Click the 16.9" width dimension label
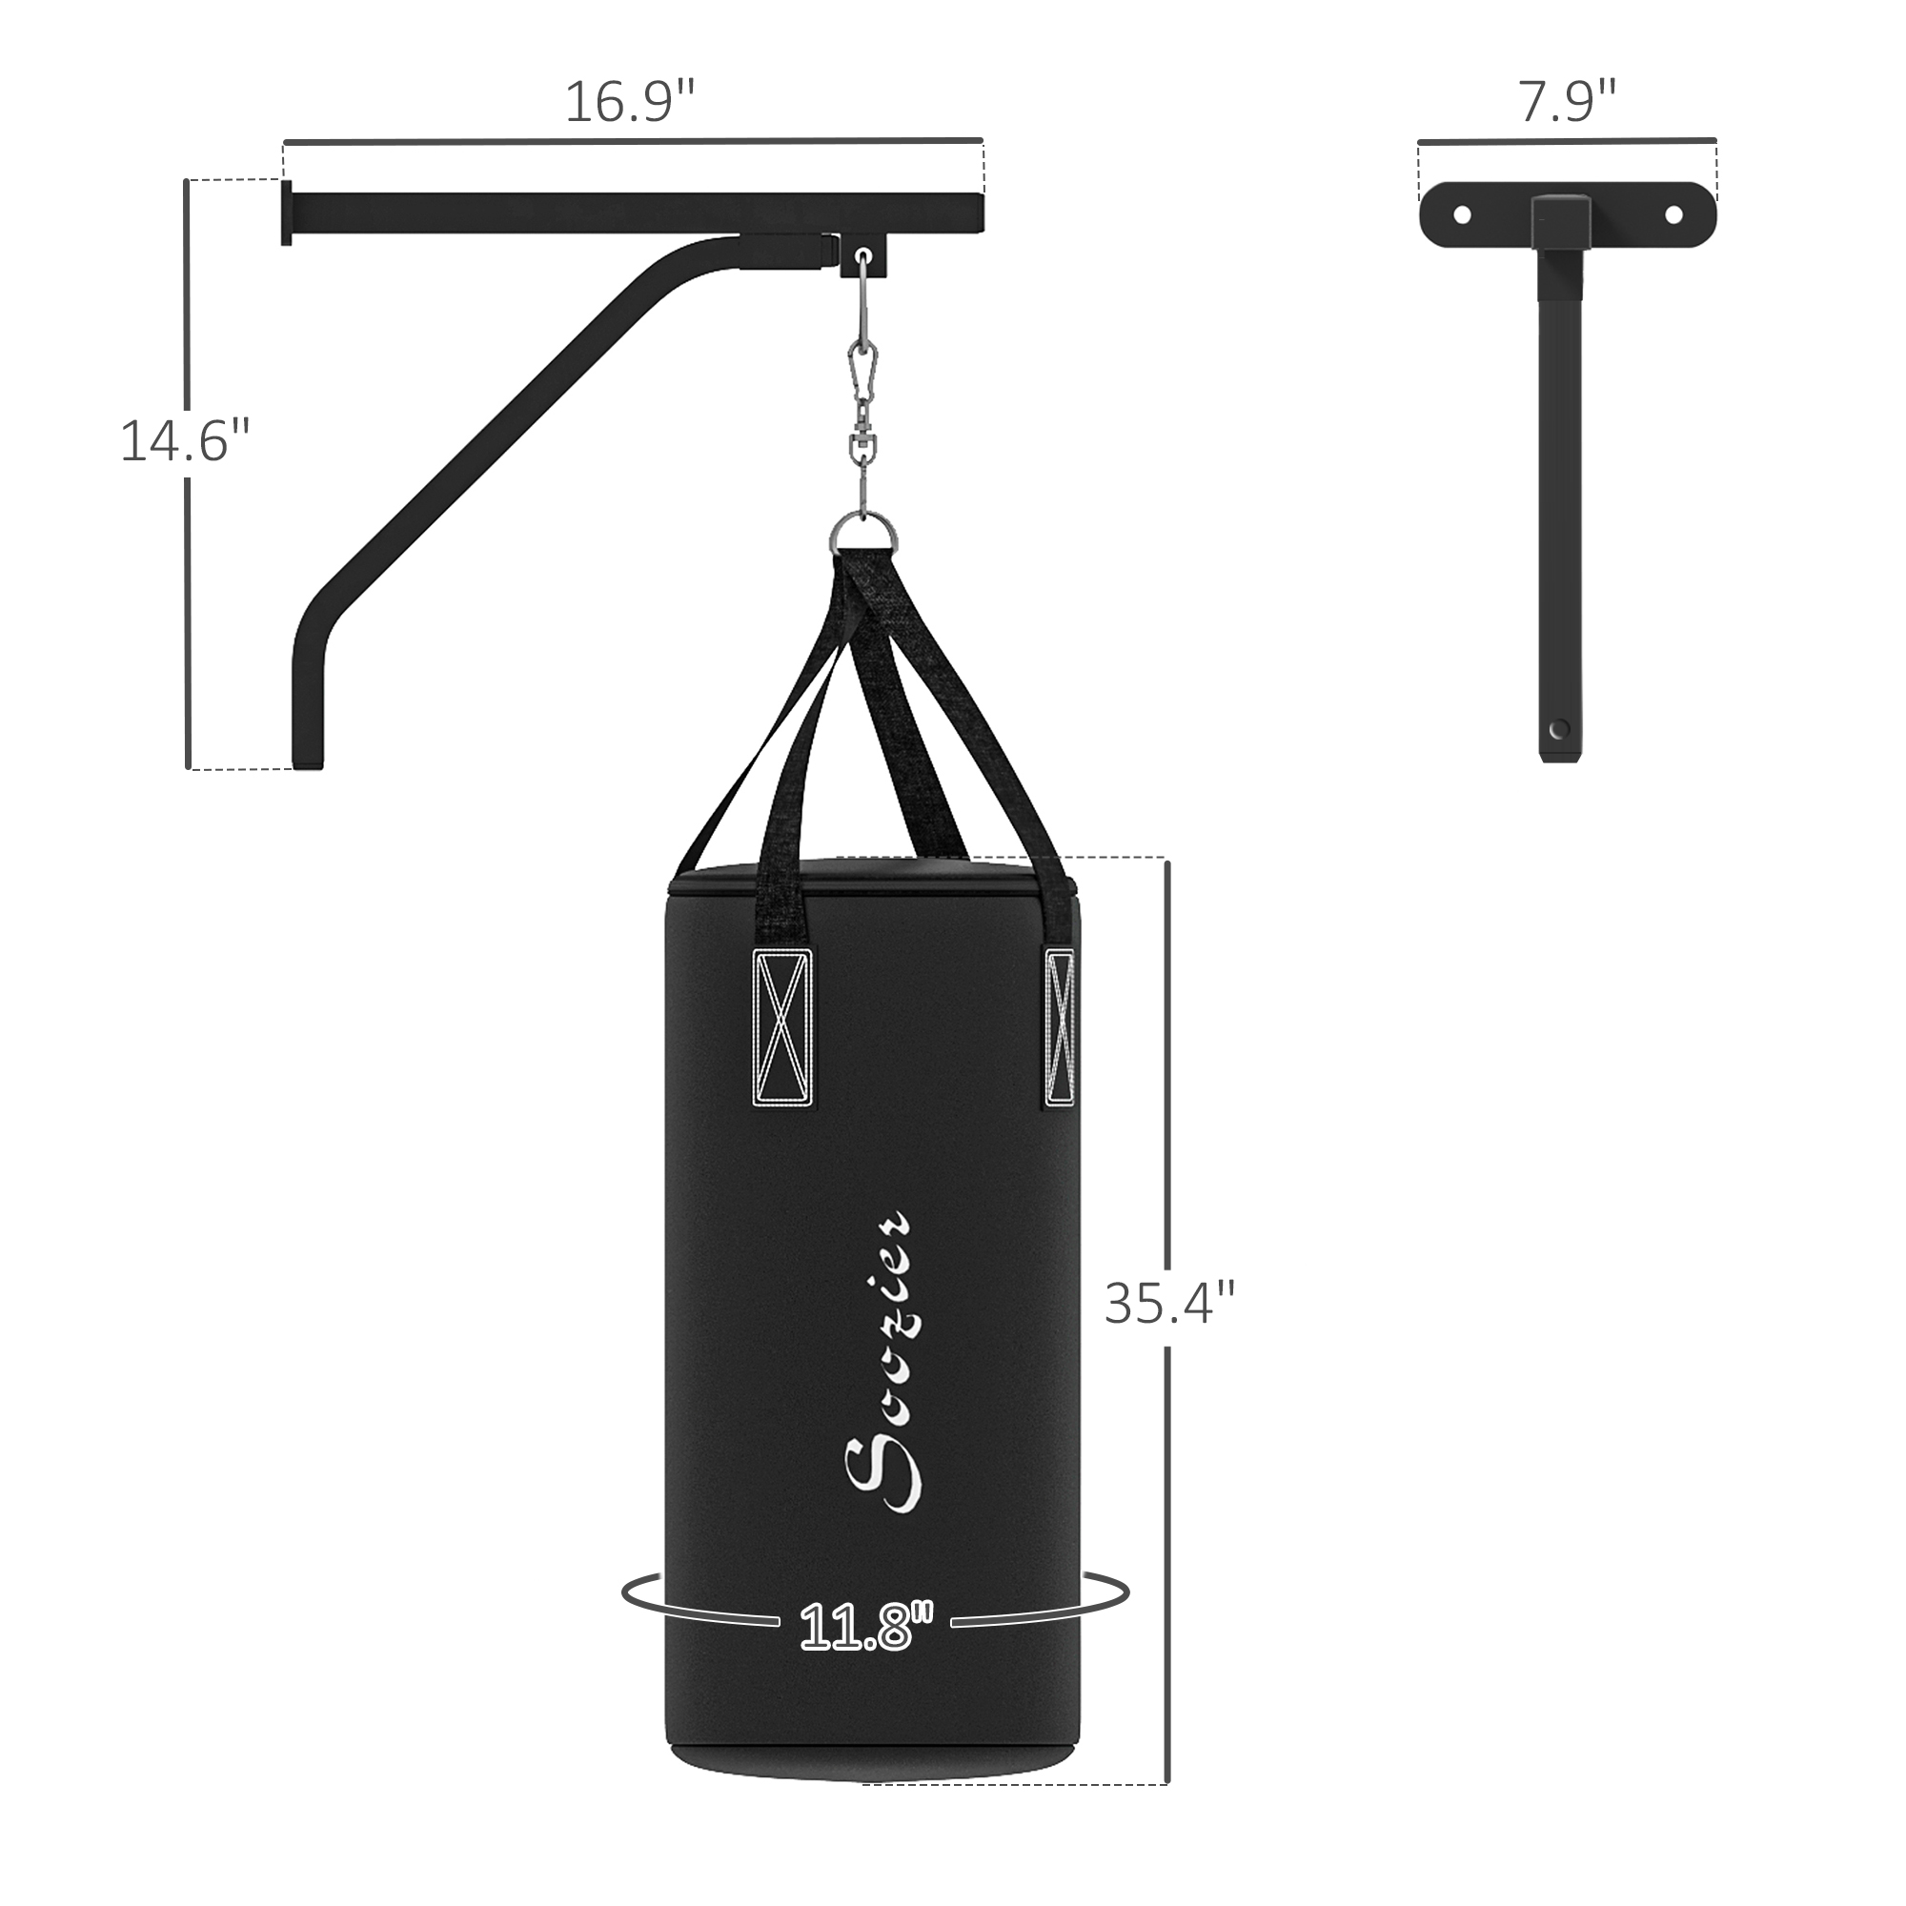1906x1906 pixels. coord(629,103)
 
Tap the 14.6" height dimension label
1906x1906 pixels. coord(185,441)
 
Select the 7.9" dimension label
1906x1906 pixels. coord(1567,103)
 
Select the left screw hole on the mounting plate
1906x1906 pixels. coord(1462,215)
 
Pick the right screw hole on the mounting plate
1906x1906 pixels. coord(1673,215)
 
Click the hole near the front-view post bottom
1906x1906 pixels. coord(1559,729)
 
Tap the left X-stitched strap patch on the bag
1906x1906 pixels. coord(783,1026)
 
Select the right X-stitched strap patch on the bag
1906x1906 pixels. coord(1060,1026)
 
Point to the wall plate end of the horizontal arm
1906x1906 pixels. coord(286,213)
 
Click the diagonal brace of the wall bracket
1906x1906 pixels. coord(494,434)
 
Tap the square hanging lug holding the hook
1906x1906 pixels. coord(864,255)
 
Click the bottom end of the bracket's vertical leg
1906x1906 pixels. coord(307,755)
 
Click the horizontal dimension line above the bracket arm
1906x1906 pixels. coord(632,141)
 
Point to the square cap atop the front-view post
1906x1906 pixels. coord(1560,222)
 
